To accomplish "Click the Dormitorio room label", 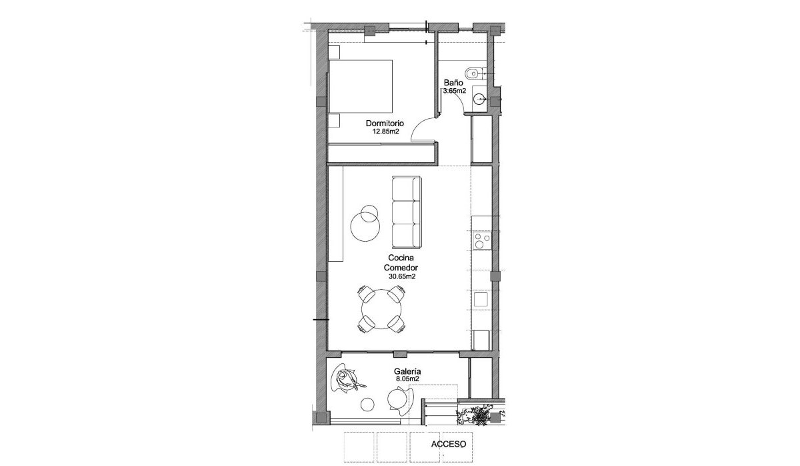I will pos(386,124).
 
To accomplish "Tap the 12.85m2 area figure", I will pos(385,132).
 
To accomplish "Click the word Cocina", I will pos(399,257).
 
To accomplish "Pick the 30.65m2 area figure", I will pos(402,275).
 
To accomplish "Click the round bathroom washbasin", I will pos(480,99).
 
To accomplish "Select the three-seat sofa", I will pos(406,212).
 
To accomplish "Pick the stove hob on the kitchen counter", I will pos(481,240).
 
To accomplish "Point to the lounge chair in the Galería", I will pos(348,382).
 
